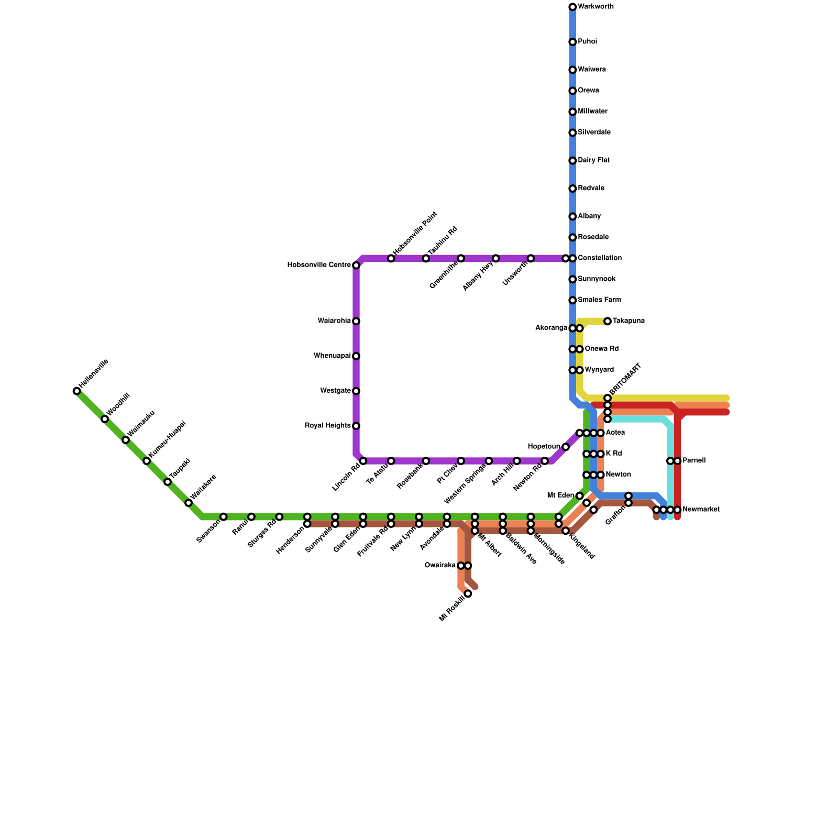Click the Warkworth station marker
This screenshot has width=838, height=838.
point(572,7)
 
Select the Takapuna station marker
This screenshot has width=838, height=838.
point(608,321)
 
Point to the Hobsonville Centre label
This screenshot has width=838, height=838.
point(319,265)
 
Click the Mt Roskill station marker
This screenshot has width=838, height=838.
point(468,593)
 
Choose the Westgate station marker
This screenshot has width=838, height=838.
point(356,391)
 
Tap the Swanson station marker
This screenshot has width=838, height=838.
point(224,517)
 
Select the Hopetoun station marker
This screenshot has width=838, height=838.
point(566,447)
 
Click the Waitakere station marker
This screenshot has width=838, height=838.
point(189,503)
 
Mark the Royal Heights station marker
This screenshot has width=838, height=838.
point(356,426)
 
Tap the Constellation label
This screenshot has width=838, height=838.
point(600,258)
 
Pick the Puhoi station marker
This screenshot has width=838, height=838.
point(572,42)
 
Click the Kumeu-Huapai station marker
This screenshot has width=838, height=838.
point(147,461)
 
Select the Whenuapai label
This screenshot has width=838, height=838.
point(332,356)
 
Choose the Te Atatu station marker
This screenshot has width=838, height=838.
point(391,461)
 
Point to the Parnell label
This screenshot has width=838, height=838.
point(694,461)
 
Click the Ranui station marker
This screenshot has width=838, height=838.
point(251,517)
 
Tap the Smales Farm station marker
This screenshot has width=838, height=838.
point(572,300)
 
